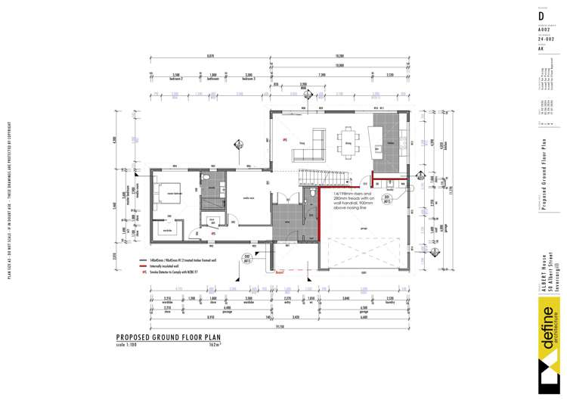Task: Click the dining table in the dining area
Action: click(x=350, y=141)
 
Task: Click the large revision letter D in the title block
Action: click(x=541, y=14)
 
